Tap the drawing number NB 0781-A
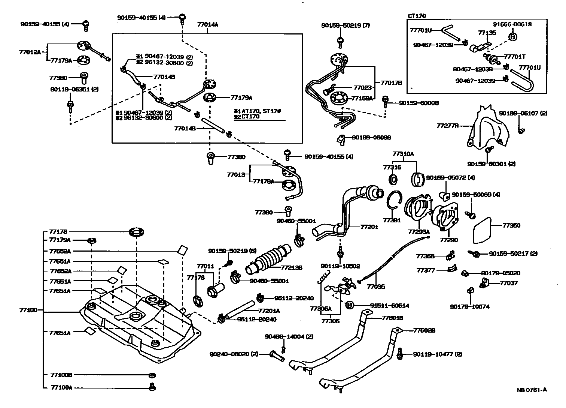(532, 390)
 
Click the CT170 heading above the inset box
(417, 16)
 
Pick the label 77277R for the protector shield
(448, 126)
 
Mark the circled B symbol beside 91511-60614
(349, 305)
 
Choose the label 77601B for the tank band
(392, 318)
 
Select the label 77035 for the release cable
(376, 286)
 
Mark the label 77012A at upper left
(30, 52)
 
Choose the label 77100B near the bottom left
(61, 375)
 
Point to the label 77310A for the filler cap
(403, 154)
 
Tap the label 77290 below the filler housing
(449, 240)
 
